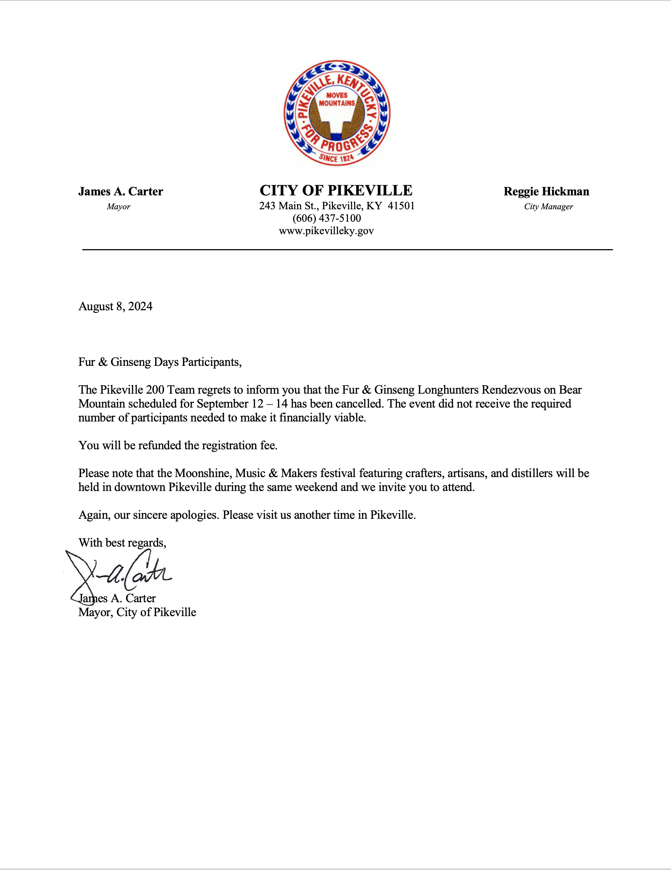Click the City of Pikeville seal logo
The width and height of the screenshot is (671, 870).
(x=337, y=113)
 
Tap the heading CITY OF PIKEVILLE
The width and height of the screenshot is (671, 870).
(x=336, y=191)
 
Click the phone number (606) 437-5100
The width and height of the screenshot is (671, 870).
(x=327, y=218)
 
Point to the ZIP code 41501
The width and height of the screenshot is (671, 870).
(x=401, y=206)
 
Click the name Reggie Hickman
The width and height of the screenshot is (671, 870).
(x=546, y=192)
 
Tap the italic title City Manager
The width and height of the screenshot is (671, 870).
(x=548, y=206)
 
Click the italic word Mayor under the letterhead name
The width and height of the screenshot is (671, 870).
(x=118, y=206)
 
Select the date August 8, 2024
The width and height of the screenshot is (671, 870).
(x=115, y=306)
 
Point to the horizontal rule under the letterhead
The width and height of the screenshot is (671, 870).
(x=347, y=250)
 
